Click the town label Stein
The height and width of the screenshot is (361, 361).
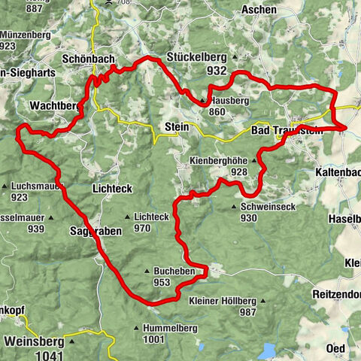click(176, 128)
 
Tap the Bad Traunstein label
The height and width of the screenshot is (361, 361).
click(283, 130)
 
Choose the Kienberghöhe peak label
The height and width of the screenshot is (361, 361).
click(219, 160)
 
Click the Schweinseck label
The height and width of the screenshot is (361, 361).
click(268, 206)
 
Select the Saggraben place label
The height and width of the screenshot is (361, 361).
click(94, 231)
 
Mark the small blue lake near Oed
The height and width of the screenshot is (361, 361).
click(268, 349)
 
